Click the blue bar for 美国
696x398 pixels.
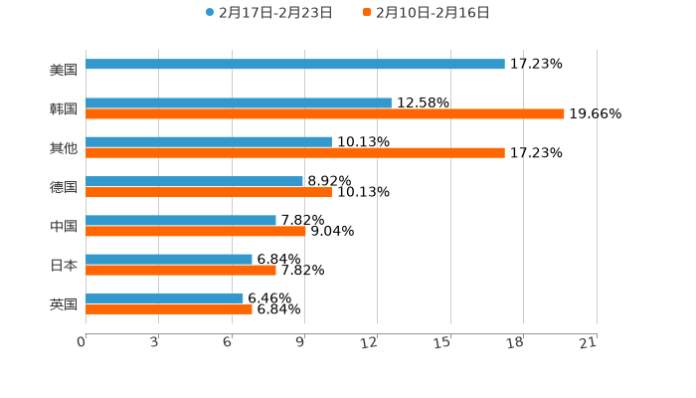pyautogui.click(x=295, y=64)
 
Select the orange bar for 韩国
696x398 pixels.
pyautogui.click(x=325, y=114)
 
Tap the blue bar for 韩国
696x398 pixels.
pyautogui.click(x=239, y=102)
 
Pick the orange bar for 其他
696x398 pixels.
pyautogui.click(x=295, y=153)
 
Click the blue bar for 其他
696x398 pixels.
pyautogui.click(x=209, y=141)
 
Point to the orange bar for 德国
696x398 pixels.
pyautogui.click(x=209, y=192)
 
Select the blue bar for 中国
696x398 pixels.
pyautogui.click(x=181, y=220)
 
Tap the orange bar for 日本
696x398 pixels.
pyautogui.click(x=181, y=270)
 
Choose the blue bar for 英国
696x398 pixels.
pyautogui.click(x=165, y=298)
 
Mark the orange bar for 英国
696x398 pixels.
pyautogui.click(x=169, y=309)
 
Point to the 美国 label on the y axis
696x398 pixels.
pyautogui.click(x=64, y=70)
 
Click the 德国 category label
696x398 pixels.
pyautogui.click(x=64, y=187)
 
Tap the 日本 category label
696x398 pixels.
pyautogui.click(x=64, y=265)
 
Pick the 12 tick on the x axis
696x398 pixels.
pyautogui.click(x=370, y=342)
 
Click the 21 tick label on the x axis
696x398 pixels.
pyautogui.click(x=588, y=342)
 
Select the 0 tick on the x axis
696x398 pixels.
pyautogui.click(x=82, y=342)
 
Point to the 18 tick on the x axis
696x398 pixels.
pyautogui.click(x=515, y=342)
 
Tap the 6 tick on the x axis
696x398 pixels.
pyautogui.click(x=228, y=342)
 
